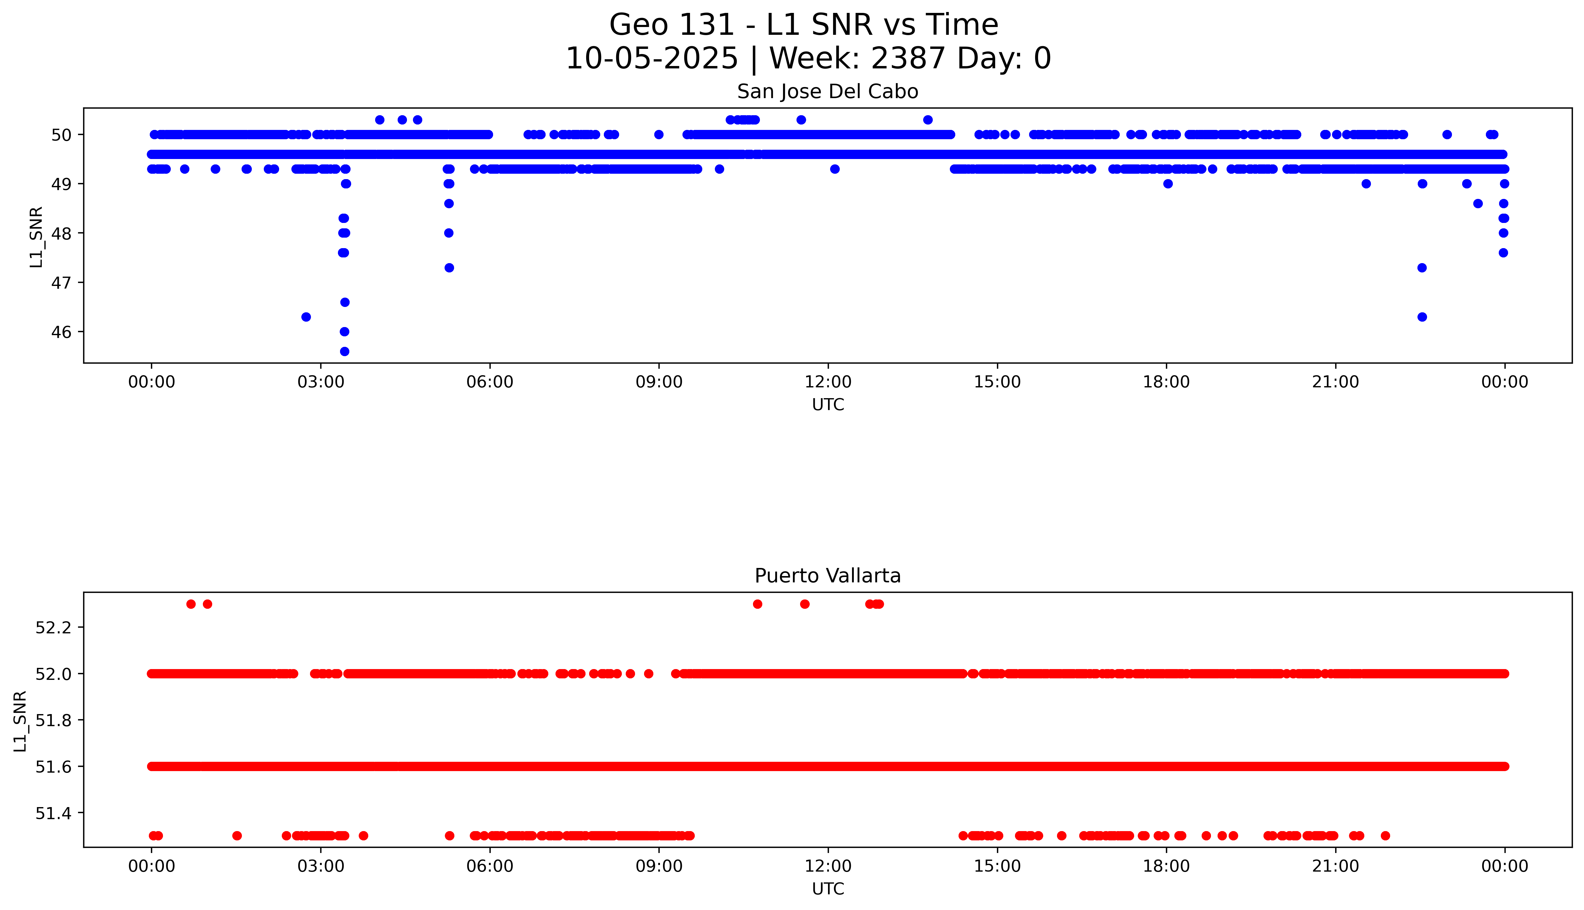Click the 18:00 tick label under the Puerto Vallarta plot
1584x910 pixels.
click(x=1166, y=866)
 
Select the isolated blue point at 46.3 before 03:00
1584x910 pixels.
click(x=306, y=317)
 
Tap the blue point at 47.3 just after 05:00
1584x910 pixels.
click(x=449, y=268)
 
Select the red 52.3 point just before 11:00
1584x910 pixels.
click(x=757, y=604)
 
